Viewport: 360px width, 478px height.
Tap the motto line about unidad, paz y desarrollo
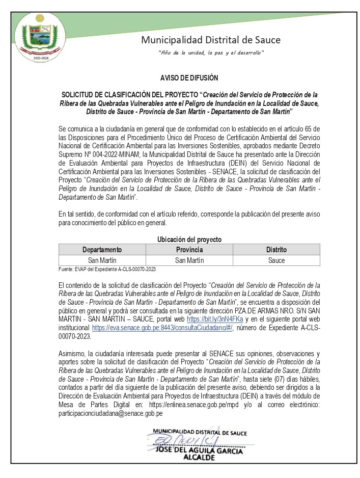211,53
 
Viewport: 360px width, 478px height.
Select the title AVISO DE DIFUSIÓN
189,78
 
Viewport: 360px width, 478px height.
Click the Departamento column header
102,250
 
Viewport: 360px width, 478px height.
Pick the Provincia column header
189,250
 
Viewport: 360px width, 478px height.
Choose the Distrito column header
276,250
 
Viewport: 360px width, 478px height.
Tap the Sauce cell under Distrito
276,260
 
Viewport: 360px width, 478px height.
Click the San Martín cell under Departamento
102,260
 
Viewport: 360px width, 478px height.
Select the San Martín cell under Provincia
189,260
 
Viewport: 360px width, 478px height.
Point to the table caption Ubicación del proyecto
189,240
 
